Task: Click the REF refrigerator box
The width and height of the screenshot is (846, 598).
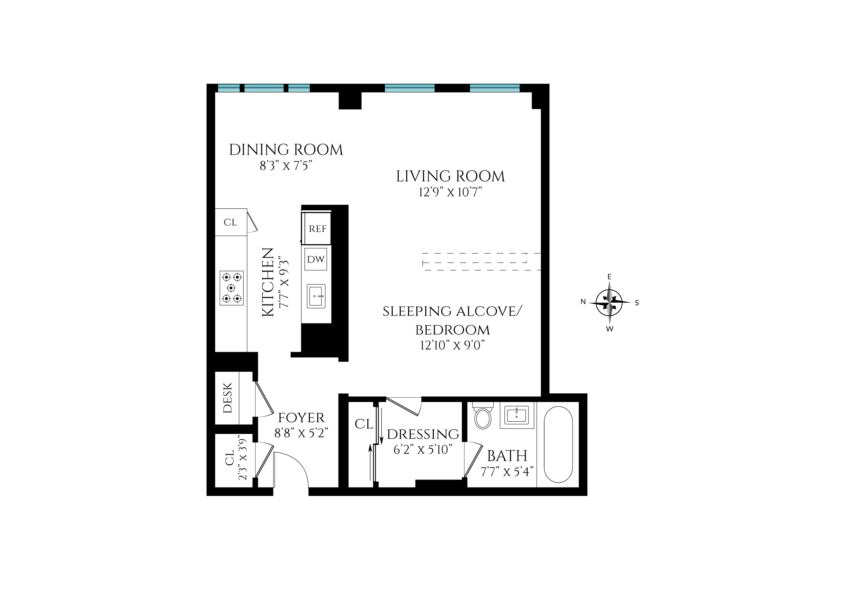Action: pyautogui.click(x=317, y=229)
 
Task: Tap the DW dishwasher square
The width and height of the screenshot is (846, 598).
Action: pyautogui.click(x=316, y=259)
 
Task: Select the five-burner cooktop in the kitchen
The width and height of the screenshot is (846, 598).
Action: pyautogui.click(x=232, y=288)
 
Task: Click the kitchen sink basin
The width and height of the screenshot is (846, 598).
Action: pyautogui.click(x=316, y=296)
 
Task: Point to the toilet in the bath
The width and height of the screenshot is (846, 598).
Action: pyautogui.click(x=483, y=418)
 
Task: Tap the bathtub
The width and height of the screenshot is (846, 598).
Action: pyautogui.click(x=558, y=444)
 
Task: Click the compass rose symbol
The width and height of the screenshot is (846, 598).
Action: pyautogui.click(x=609, y=302)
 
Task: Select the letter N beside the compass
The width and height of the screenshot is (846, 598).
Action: pyautogui.click(x=583, y=302)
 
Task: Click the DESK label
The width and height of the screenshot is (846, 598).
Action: pyautogui.click(x=228, y=398)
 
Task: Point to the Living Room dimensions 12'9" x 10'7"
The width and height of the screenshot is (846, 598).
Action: pyautogui.click(x=450, y=192)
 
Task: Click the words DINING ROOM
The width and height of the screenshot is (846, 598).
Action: pyautogui.click(x=286, y=150)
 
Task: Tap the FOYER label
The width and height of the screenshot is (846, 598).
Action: pyautogui.click(x=302, y=418)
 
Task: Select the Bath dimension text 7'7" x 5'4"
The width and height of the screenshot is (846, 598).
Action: pyautogui.click(x=507, y=472)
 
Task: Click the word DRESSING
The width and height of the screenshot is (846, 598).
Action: pyautogui.click(x=423, y=434)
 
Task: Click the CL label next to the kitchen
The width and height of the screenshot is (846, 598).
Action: pyautogui.click(x=230, y=223)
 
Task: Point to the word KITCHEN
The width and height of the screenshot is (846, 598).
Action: pyautogui.click(x=268, y=283)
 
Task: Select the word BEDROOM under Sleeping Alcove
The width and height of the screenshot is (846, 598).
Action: pyautogui.click(x=453, y=330)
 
